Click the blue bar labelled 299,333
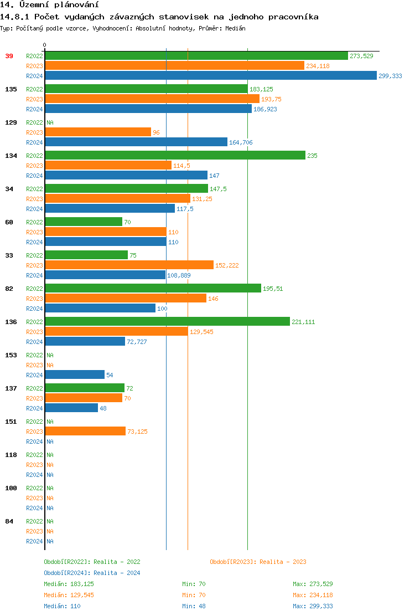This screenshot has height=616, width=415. pos(210,76)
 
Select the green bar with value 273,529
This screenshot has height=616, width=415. pos(196,56)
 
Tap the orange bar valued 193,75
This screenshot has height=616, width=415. pos(152,99)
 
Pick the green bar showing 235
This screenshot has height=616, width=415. pos(175,156)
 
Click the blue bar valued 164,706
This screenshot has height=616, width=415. pos(136,142)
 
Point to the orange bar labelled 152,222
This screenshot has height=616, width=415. pos(129,265)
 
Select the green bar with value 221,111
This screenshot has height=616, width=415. pos(167,322)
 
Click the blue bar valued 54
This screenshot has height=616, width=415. pos(75,375)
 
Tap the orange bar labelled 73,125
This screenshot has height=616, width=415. pos(85,432)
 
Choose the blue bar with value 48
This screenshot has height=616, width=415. pos(71,408)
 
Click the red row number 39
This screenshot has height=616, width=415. pos(9,56)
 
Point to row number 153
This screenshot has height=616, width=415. pos(11,355)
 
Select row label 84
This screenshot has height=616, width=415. pos(9,521)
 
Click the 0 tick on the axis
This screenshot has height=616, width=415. pos(45,45)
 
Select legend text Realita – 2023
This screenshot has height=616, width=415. pos(283,562)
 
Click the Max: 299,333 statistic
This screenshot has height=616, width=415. pos(313,606)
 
